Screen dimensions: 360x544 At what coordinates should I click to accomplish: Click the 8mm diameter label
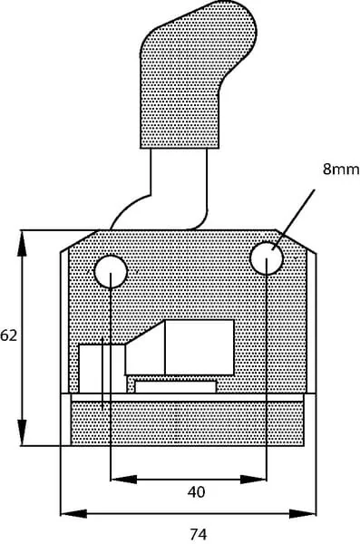click(341, 169)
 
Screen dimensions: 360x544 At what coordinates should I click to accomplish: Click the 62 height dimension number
click(8, 335)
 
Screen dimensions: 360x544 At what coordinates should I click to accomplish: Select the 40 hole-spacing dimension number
click(196, 491)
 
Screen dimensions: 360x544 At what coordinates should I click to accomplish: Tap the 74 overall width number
click(199, 534)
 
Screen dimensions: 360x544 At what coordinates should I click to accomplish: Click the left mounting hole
click(111, 272)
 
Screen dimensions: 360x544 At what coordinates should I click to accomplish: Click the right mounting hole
click(267, 258)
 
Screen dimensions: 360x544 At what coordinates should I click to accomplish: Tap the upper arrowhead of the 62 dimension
click(23, 244)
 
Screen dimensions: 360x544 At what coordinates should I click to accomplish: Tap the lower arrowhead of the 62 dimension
click(23, 432)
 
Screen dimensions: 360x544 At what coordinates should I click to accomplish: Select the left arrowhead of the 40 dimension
click(123, 480)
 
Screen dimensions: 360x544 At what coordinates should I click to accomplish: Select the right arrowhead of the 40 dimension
click(253, 480)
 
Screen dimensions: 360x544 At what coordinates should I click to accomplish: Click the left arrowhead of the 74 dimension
click(73, 514)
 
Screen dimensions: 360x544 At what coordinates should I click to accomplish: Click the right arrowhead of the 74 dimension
click(303, 514)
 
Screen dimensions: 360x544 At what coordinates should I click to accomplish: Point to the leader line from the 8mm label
click(294, 219)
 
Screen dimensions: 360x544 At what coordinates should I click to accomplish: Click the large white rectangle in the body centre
click(199, 347)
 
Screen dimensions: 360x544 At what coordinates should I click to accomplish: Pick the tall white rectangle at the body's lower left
click(102, 369)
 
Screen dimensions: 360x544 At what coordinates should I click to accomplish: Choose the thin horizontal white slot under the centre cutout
click(176, 387)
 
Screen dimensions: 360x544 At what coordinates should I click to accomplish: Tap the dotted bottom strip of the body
click(188, 423)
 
